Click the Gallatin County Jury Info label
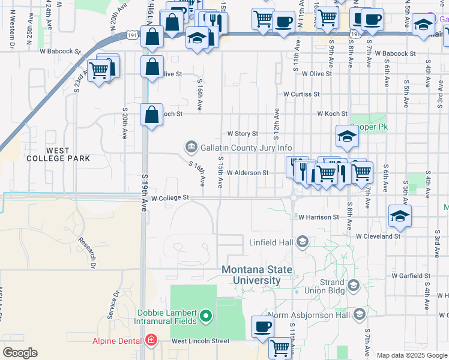coord(246,148)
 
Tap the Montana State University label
coord(259,275)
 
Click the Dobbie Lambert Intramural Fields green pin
coord(206,315)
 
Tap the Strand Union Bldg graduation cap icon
coord(352,284)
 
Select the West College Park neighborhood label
coord(58,154)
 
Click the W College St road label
coord(170,197)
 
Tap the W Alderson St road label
coord(247,173)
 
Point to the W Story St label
coord(242,133)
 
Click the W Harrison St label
coord(319,217)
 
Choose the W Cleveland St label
coord(378,236)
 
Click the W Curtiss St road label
coord(302,94)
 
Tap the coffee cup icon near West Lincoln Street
coord(262,327)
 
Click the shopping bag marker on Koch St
coord(152,114)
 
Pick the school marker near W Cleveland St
coord(400,216)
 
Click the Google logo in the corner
coord(20,353)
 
